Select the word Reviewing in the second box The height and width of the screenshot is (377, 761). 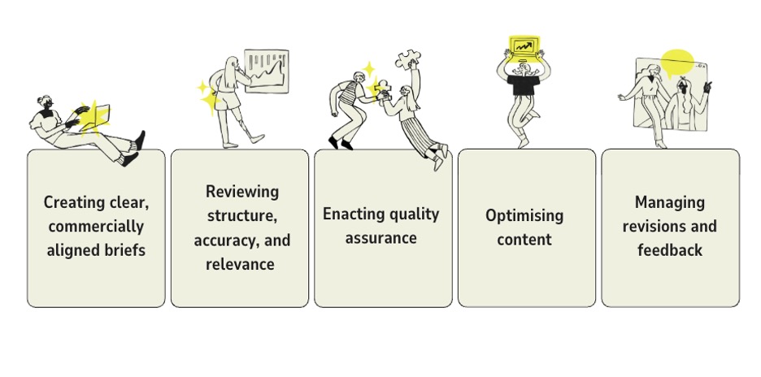click(x=241, y=192)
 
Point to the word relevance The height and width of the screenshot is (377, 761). click(x=240, y=264)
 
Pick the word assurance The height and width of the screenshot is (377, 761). click(x=380, y=238)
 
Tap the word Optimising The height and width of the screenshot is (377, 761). click(x=524, y=215)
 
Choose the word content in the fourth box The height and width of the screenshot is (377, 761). click(x=524, y=240)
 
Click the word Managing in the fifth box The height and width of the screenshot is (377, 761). click(x=669, y=202)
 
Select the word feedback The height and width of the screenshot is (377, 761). click(x=669, y=250)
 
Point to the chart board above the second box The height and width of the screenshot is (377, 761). click(x=266, y=71)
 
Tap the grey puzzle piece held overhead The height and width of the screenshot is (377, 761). click(x=409, y=60)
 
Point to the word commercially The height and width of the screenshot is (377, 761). click(x=96, y=226)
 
